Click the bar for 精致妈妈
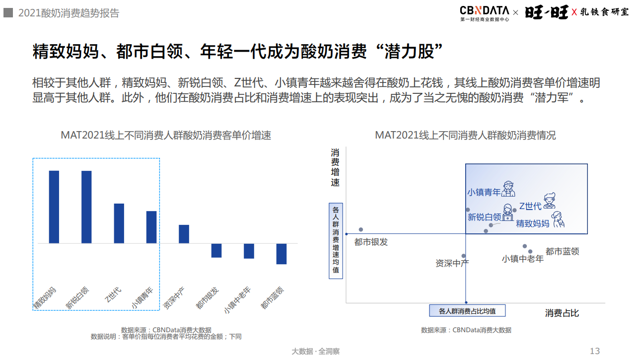coord(54,207)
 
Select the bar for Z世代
coord(119,223)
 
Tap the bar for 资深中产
coord(184,234)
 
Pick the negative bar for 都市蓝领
coord(282,254)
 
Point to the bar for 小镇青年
coord(151,227)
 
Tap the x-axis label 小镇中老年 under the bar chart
coord(238,300)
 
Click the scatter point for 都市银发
coord(361,229)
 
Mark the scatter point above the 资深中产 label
coord(464,256)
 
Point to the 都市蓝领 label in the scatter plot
coord(562,252)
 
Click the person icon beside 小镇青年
coord(508,189)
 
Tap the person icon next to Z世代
coord(549,201)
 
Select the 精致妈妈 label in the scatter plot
coord(533,224)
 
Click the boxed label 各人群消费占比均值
coord(467,311)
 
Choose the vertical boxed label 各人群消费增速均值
coord(336,240)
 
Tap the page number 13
coord(595,351)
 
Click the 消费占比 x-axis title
coord(562,313)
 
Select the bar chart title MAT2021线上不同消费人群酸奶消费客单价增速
coord(166,135)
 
